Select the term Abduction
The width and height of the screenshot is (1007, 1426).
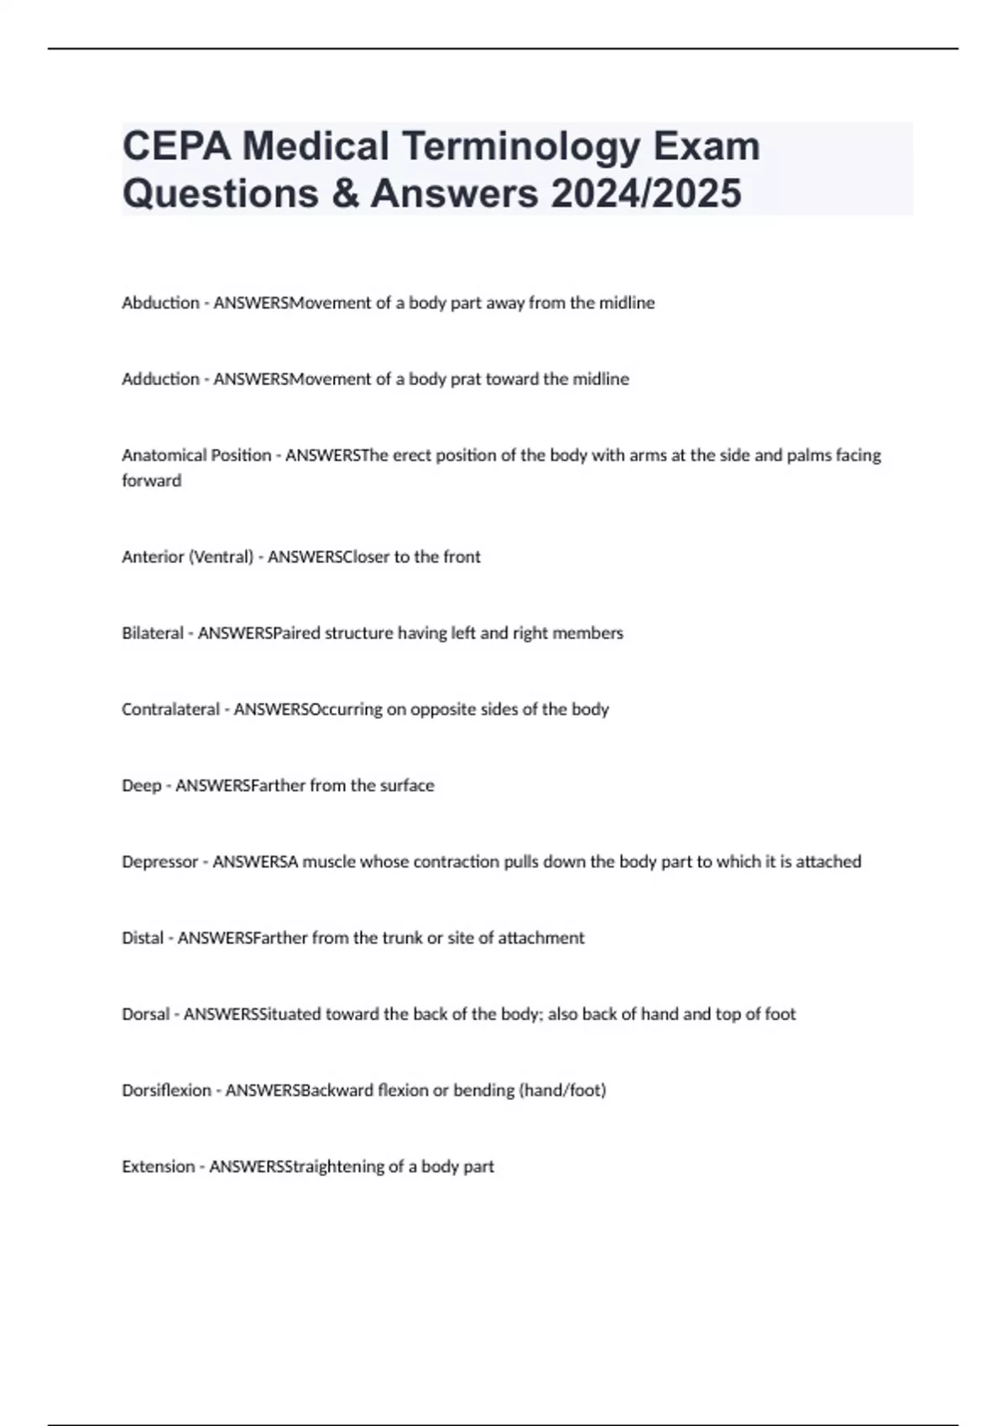pos(160,303)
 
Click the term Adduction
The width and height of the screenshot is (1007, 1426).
pos(160,379)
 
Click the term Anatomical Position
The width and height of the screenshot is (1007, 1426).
pos(196,455)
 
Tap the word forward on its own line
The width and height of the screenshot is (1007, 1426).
pos(151,481)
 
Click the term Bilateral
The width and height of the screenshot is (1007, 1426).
pos(152,633)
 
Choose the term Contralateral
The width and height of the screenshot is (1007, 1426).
pos(170,710)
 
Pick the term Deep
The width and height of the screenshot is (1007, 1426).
pos(141,786)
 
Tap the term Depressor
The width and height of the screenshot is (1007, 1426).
pos(159,861)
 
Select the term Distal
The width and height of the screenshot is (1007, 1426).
pos(143,938)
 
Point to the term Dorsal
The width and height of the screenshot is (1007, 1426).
pos(145,1014)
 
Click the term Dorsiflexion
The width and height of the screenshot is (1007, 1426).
pos(166,1090)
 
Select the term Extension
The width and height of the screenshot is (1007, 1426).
pos(158,1167)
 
